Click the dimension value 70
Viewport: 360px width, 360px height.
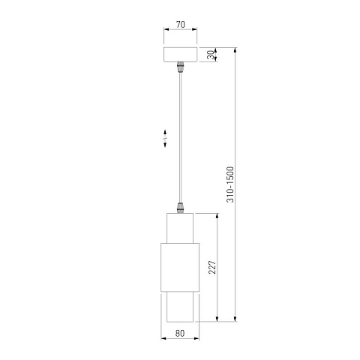click(181, 25)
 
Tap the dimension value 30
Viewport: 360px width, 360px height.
click(211, 55)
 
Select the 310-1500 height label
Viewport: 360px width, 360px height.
click(230, 184)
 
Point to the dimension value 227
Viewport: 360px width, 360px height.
click(212, 267)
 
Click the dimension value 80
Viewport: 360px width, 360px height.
click(180, 333)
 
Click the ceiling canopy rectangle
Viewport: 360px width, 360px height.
click(181, 55)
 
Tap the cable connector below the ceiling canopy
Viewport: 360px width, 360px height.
click(180, 67)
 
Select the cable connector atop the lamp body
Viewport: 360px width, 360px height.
click(180, 208)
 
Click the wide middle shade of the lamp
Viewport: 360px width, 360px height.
click(180, 267)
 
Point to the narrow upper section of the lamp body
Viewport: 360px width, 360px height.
click(180, 228)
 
